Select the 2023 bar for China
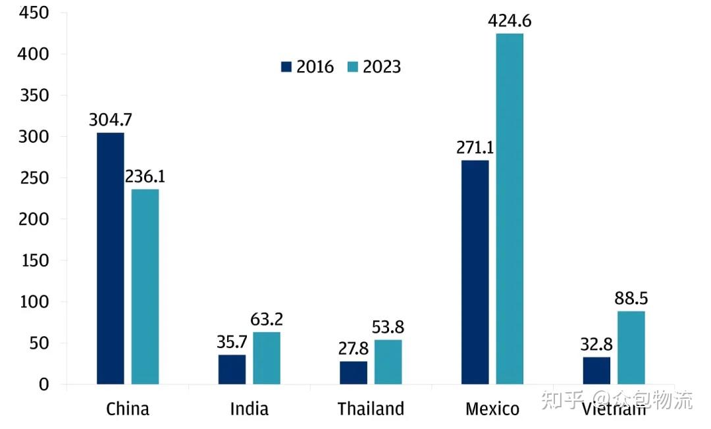tap(145, 286)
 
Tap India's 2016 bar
tap(232, 369)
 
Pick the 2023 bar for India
tap(267, 358)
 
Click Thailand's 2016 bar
tap(354, 372)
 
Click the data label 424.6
tap(510, 21)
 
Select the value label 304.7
tap(111, 120)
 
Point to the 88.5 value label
tap(631, 299)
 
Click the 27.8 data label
tap(354, 349)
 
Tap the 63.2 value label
tap(267, 320)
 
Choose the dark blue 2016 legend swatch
tap(286, 67)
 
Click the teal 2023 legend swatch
tap(352, 67)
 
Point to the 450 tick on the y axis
tap(33, 13)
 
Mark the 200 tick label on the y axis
tap(33, 219)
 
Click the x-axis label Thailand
tap(371, 409)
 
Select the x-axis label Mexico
tap(492, 409)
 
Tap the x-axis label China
tap(128, 409)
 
